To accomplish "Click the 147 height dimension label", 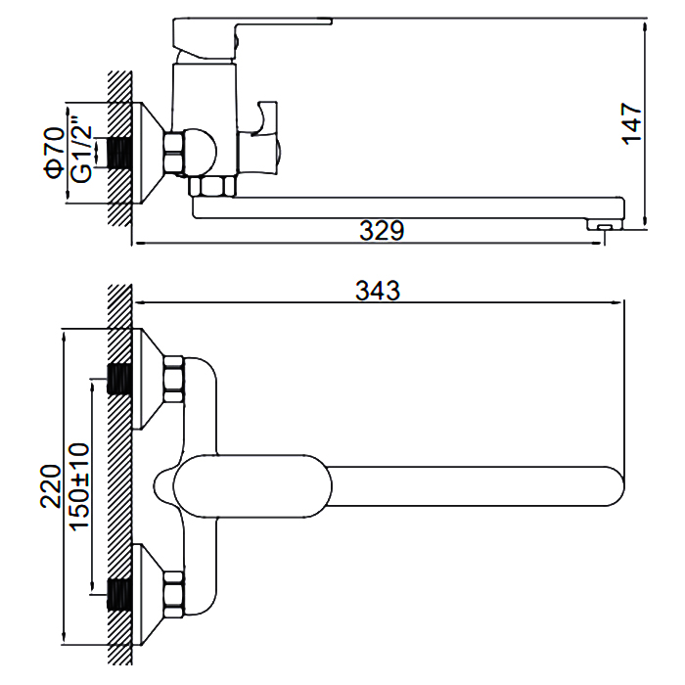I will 633,123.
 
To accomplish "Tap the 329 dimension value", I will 382,231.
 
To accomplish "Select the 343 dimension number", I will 379,291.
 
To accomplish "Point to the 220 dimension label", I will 50,486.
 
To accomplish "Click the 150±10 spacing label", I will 78,486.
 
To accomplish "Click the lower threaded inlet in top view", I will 119,593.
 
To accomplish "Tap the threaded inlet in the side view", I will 119,153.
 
